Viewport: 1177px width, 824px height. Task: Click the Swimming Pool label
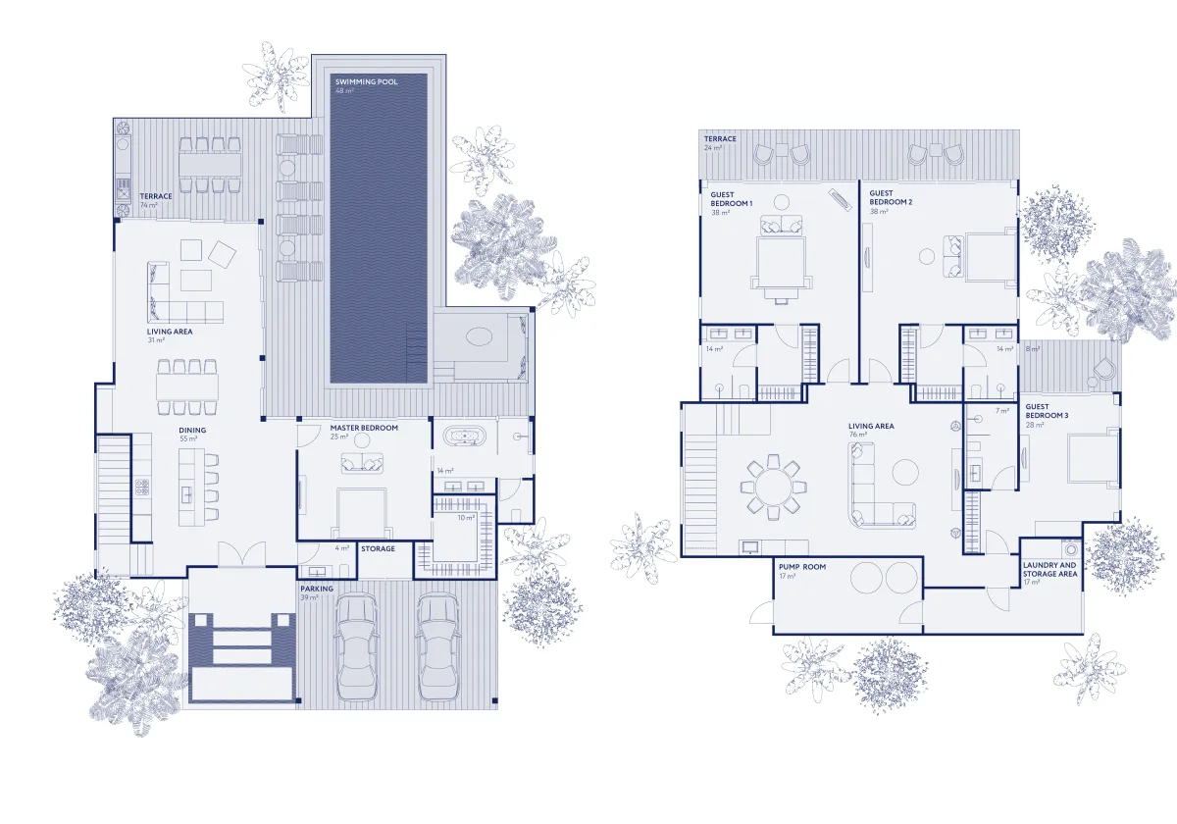pos(366,82)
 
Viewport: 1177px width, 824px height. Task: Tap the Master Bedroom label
pos(364,428)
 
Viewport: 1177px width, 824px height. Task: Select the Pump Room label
pos(802,567)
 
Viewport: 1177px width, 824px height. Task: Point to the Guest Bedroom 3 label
pos(1047,411)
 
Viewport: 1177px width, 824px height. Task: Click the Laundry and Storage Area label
pos(1049,569)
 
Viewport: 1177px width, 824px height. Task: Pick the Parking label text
pos(317,589)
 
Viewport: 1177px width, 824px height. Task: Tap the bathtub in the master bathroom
pos(465,438)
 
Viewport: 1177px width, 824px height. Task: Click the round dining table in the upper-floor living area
pos(773,488)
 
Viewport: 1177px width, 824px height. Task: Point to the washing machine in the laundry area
pos(1071,549)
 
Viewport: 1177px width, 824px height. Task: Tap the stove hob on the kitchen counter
pos(142,488)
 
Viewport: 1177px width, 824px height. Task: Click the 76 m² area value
pos(857,435)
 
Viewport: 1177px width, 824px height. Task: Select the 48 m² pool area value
pos(344,91)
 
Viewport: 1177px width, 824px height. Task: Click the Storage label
pos(378,548)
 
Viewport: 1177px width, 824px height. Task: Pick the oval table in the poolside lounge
pos(480,336)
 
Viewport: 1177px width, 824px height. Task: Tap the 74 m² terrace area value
pos(149,205)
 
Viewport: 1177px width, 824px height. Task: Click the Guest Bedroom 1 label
pos(732,199)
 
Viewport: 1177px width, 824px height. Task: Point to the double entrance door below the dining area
pos(241,554)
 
